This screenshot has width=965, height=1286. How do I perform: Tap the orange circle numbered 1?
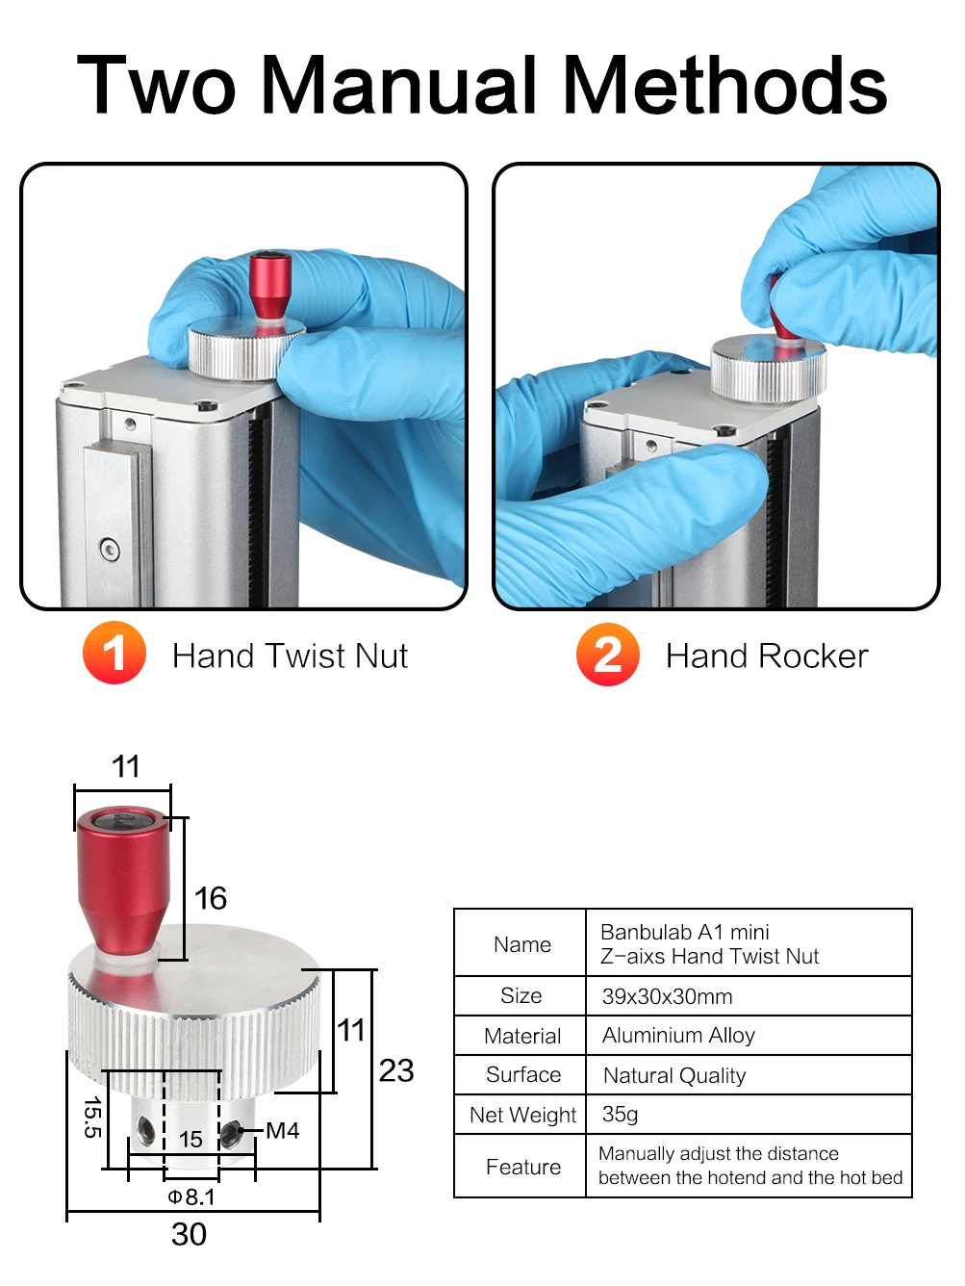tap(114, 653)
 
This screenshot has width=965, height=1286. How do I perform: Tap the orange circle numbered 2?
tap(608, 654)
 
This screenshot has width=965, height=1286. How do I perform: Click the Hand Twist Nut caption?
tap(290, 656)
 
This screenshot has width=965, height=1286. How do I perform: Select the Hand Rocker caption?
tap(767, 656)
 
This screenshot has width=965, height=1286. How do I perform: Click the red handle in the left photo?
tap(270, 293)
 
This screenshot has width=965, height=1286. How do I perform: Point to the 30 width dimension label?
tap(189, 1234)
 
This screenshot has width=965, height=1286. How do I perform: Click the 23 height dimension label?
tap(396, 1070)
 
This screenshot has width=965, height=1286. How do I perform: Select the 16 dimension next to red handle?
tap(210, 897)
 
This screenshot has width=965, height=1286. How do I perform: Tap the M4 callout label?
tap(282, 1130)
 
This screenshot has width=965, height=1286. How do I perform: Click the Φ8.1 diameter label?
tap(191, 1196)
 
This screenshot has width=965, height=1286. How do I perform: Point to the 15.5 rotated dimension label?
tap(93, 1118)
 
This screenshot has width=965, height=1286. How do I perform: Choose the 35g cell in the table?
tap(620, 1114)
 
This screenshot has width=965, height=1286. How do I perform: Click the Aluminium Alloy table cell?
tap(678, 1035)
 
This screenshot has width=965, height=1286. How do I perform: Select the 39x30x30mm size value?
tap(667, 996)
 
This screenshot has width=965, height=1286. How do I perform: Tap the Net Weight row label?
tap(522, 1115)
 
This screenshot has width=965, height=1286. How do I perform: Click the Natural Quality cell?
tap(674, 1075)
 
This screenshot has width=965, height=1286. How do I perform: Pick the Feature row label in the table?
tap(523, 1167)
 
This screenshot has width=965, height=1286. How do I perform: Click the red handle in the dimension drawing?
tap(123, 881)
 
